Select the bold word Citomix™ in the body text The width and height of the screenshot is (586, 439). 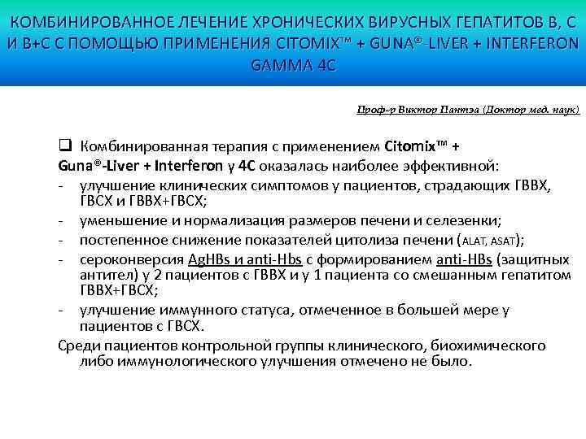pos(415,147)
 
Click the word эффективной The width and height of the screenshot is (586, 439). pos(459,166)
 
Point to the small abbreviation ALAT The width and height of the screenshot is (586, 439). pos(478,241)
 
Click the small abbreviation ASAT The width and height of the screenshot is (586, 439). pos(506,241)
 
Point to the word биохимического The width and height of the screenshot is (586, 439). pos(494,346)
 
